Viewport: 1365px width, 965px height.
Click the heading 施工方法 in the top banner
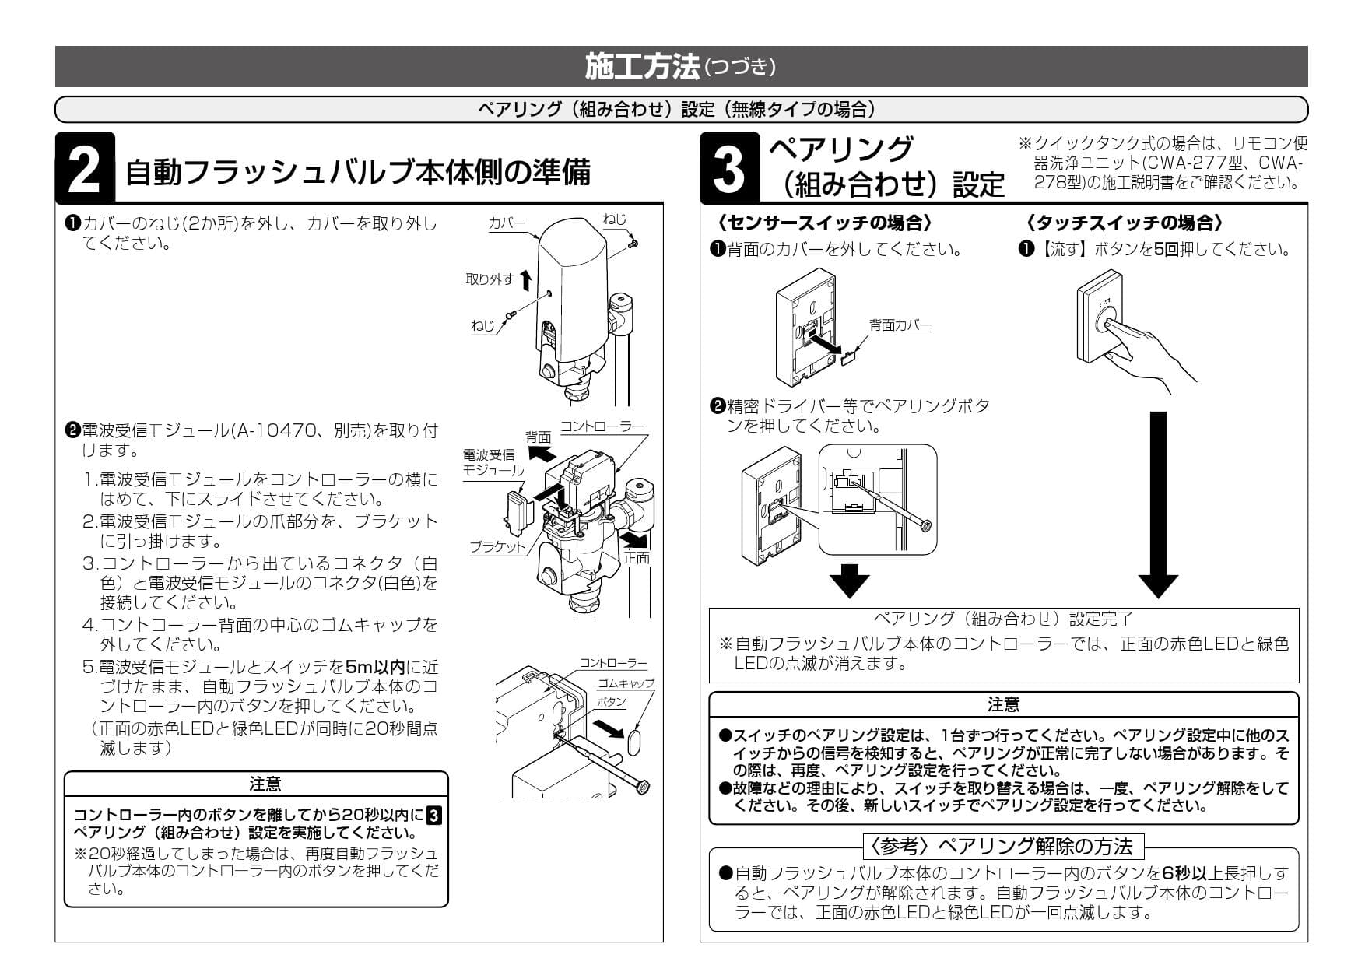coord(642,67)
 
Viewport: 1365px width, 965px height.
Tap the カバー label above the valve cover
coord(507,223)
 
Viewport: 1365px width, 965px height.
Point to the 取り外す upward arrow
coord(525,279)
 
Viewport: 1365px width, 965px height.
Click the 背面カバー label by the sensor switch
coord(900,325)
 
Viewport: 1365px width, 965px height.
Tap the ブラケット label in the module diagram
coord(498,546)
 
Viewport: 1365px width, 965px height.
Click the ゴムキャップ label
coord(626,683)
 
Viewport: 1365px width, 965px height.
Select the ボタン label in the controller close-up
coord(611,702)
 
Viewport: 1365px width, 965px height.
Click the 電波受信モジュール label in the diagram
coord(492,462)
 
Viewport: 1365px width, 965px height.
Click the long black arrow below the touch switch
coord(1158,502)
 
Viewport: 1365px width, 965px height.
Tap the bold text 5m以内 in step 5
coord(375,667)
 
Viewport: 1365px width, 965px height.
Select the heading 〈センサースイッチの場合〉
coord(824,223)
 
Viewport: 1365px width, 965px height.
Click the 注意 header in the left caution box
coord(265,784)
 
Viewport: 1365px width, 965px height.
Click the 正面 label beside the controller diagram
coord(636,558)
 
